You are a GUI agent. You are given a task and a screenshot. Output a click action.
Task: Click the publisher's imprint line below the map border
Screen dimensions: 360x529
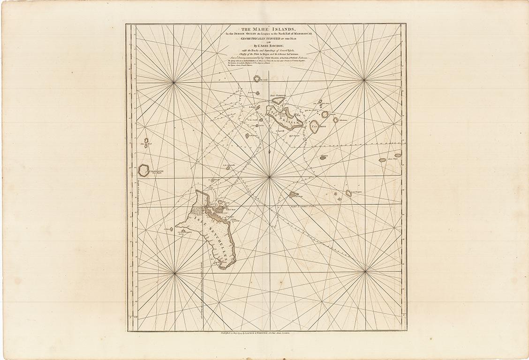pyautogui.click(x=265, y=335)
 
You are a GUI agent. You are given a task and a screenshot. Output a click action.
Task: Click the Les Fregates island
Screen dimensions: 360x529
pyautogui.click(x=348, y=193)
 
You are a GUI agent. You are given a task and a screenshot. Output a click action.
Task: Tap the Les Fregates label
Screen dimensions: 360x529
pyautogui.click(x=358, y=193)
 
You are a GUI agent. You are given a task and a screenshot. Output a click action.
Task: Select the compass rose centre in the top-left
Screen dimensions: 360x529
pyautogui.click(x=174, y=82)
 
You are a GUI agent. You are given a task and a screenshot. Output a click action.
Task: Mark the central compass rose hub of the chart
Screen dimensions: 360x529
pyautogui.click(x=269, y=177)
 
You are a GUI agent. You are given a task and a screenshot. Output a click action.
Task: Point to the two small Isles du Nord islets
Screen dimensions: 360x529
pyautogui.click(x=146, y=142)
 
